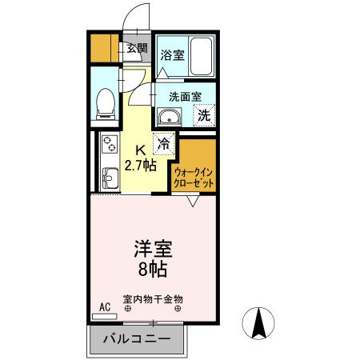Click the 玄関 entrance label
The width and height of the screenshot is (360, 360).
tap(138, 49)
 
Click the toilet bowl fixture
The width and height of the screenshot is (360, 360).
tap(104, 102)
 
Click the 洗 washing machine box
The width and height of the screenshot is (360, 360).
tap(204, 114)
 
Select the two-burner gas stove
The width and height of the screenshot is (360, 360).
tap(109, 146)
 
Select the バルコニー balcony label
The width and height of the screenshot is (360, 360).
tap(136, 338)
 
